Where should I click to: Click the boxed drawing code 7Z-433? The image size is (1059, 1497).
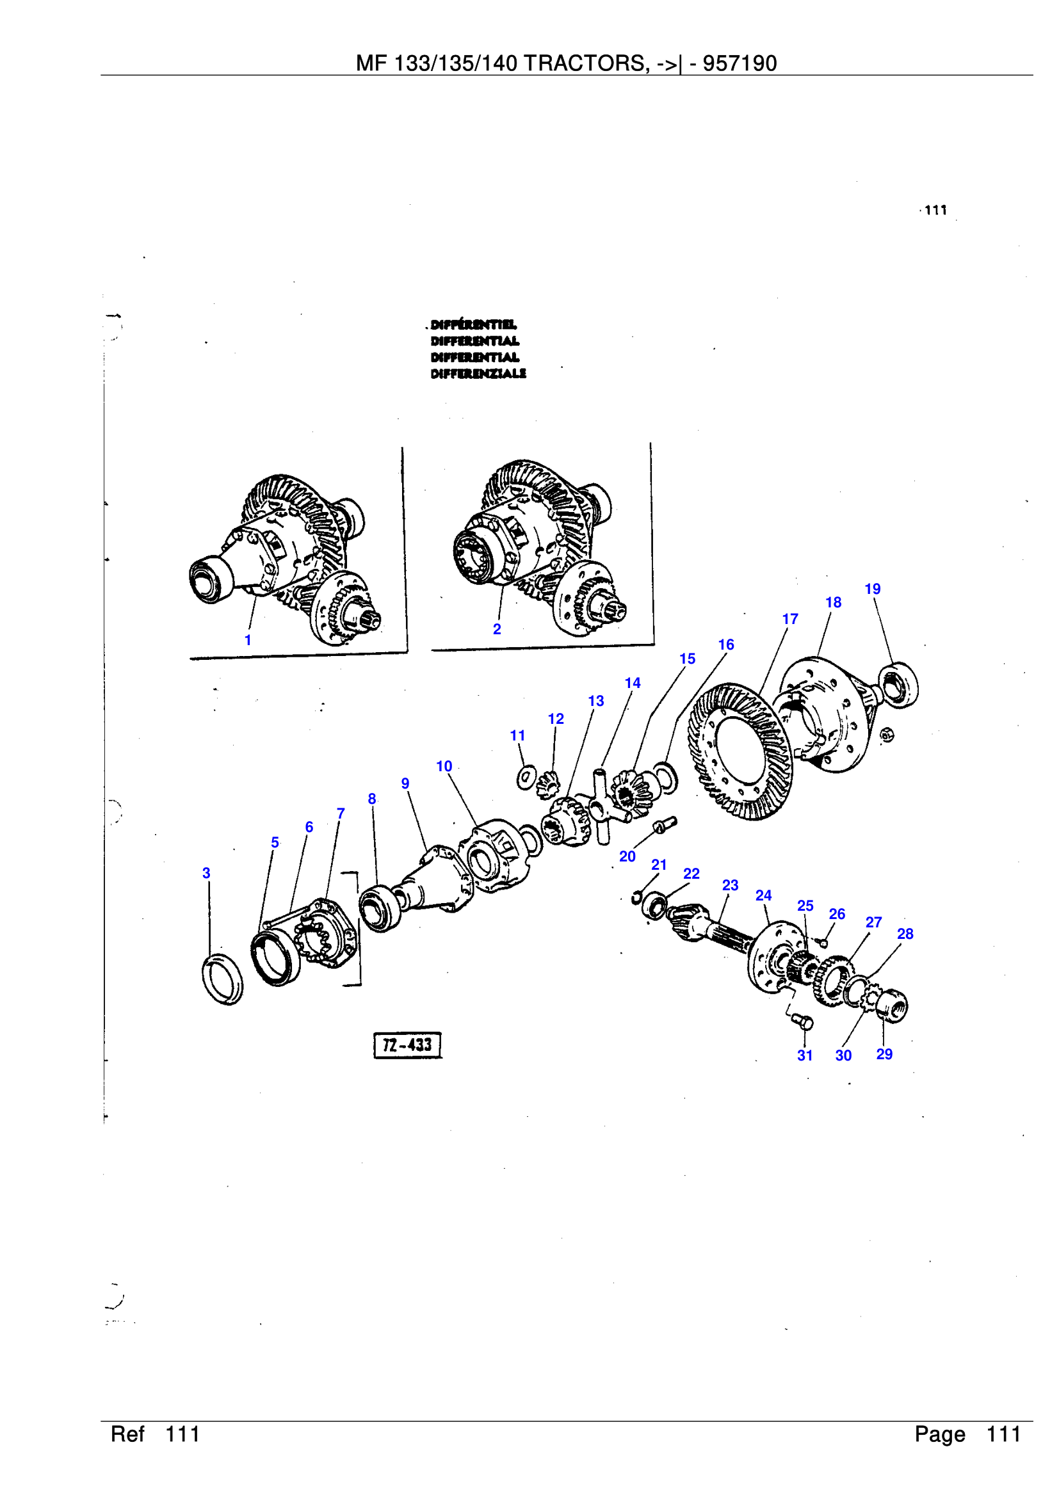(408, 1045)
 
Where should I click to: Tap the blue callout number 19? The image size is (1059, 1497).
(873, 589)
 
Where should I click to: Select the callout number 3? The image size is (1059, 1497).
(206, 873)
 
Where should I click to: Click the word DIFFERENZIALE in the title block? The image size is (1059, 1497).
(478, 374)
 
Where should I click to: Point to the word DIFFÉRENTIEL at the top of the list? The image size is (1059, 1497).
(473, 324)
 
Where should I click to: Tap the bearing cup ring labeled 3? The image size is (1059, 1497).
(222, 979)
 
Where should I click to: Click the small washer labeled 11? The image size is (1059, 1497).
(526, 777)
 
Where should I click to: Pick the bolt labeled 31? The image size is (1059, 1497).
(804, 1021)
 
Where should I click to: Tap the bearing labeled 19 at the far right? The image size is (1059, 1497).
(899, 685)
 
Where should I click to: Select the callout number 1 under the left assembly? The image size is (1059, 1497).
(248, 640)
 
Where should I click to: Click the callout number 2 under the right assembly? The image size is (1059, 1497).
(497, 629)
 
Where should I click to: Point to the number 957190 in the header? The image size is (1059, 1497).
(740, 63)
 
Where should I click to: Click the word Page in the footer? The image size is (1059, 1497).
(939, 1434)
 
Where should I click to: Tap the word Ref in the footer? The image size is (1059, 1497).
(127, 1434)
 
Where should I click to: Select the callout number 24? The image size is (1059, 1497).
(763, 895)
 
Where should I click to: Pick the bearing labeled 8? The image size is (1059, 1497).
(380, 908)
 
